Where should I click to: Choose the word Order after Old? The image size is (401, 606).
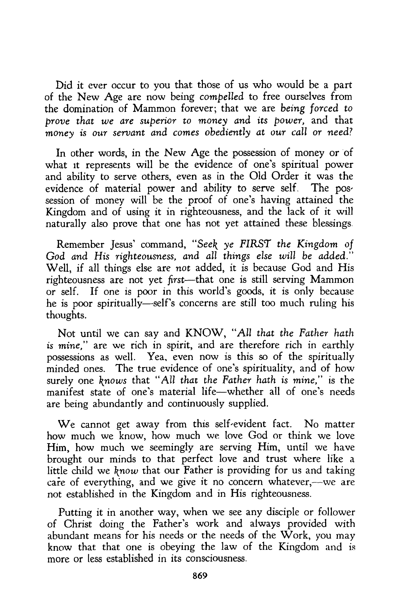click(285, 176)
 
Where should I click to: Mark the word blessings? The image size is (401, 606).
click(332, 223)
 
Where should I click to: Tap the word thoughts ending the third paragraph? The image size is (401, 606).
click(66, 315)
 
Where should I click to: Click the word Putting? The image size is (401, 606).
click(75, 513)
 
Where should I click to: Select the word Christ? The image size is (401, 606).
click(78, 524)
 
